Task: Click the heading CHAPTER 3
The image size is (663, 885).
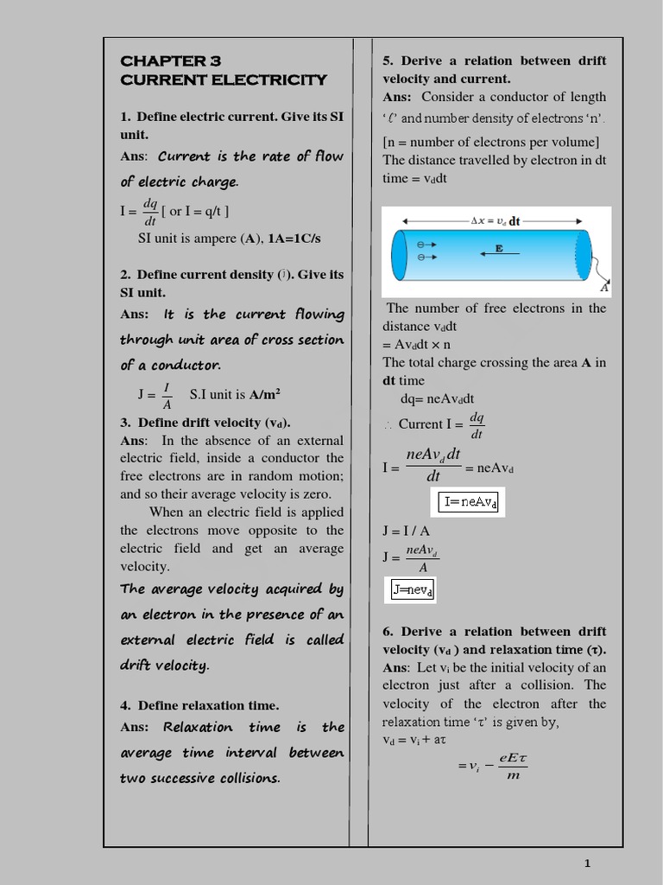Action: (x=171, y=60)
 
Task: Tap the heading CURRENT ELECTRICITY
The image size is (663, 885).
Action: (x=224, y=80)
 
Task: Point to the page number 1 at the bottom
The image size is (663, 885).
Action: (x=587, y=863)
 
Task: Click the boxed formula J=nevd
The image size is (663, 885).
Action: (x=413, y=590)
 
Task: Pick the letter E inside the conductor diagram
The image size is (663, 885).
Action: (x=498, y=248)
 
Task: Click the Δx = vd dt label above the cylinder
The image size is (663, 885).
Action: (x=496, y=221)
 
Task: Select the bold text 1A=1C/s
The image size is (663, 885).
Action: (x=294, y=239)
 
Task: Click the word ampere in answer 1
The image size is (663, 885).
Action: (x=206, y=239)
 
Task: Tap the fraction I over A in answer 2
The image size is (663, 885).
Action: (x=167, y=395)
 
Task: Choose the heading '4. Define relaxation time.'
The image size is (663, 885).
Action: (x=199, y=705)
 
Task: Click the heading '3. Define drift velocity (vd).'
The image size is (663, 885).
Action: (x=205, y=423)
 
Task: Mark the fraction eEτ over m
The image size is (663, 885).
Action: (x=513, y=766)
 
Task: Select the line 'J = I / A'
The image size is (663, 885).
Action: (x=407, y=531)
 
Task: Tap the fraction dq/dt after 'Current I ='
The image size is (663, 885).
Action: (x=477, y=425)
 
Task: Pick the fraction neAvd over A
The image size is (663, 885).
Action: (x=423, y=558)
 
